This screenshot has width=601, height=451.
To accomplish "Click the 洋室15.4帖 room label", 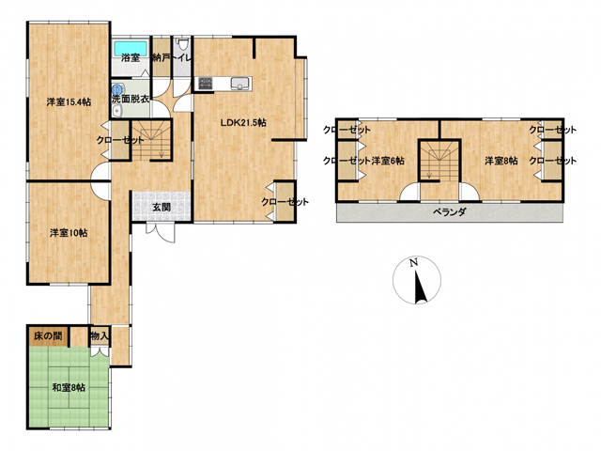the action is coord(69,102).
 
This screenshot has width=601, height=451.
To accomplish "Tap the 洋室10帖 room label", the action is coord(69,233).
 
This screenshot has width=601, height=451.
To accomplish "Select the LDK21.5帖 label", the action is coord(243,123).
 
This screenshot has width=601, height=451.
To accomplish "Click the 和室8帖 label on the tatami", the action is coord(69,387).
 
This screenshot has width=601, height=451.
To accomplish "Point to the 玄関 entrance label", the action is coord(162,207).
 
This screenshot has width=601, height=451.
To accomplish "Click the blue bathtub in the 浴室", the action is coord(131,48).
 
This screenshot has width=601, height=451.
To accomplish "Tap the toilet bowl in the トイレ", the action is coord(181,44).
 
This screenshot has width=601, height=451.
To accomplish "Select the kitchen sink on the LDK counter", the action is coord(240,84).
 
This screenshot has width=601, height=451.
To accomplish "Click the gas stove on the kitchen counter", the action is coord(205,84).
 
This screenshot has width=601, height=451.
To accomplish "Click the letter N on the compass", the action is coord(413,263).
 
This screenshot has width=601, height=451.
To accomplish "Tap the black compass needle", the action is coord(421,286).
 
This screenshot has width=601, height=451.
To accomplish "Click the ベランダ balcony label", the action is coord(450,211).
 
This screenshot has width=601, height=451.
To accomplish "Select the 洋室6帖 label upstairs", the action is coord(388,161).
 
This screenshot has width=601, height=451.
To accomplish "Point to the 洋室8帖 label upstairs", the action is coord(501,161).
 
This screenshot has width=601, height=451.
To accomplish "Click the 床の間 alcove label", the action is coord(48,336).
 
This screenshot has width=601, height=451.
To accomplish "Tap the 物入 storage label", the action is coord(100,336).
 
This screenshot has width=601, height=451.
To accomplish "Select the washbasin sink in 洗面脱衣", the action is coord(116,111).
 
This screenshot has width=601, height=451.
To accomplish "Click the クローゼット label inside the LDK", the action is coord(285,202).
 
